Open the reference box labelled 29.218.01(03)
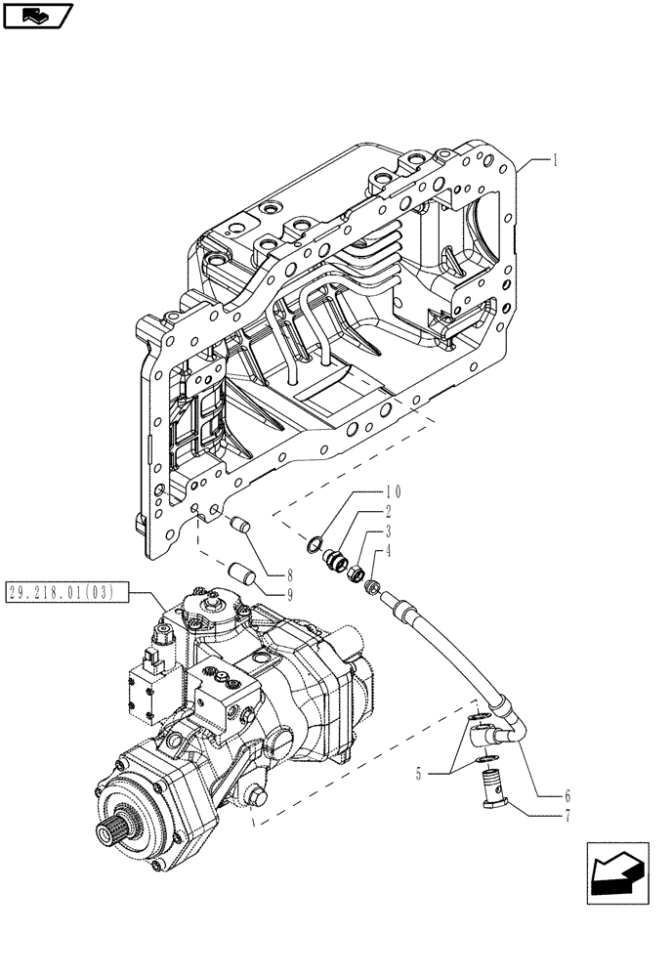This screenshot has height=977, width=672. (x=64, y=591)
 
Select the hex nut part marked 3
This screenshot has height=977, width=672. (x=354, y=569)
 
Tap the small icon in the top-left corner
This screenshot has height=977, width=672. (x=38, y=16)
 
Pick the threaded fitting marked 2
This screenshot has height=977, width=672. (x=335, y=558)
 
